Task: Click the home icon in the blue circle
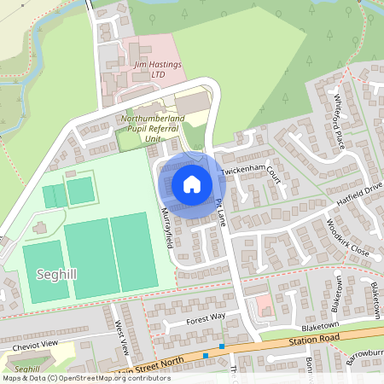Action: click(192, 183)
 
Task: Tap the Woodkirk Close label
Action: click(346, 241)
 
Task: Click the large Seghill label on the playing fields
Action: click(55, 274)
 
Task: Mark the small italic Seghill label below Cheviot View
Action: click(28, 369)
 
